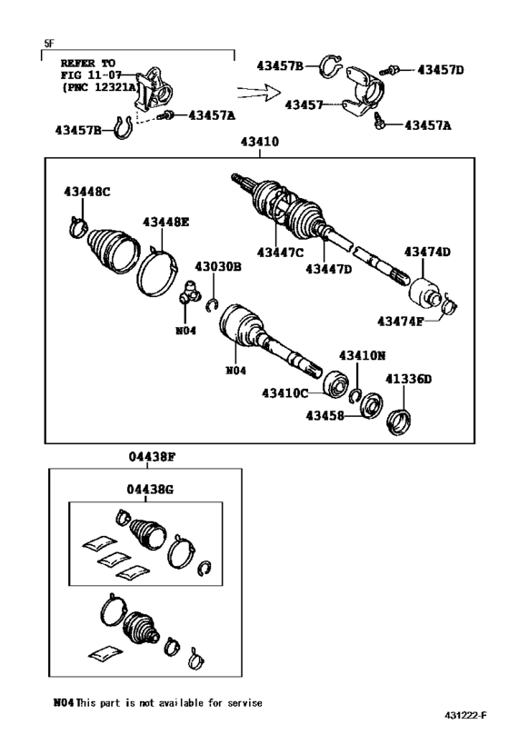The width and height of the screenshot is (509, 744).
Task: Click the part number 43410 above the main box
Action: [x=259, y=144]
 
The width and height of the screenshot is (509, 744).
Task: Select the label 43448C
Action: [x=87, y=193]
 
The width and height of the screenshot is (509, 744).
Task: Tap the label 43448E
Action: [x=165, y=221]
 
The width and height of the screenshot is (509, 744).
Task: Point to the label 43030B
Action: [x=217, y=266]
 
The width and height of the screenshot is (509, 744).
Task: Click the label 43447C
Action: [x=279, y=253]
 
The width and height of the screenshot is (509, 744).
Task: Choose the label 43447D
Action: [x=329, y=268]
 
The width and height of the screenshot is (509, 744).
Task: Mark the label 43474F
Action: [x=403, y=320]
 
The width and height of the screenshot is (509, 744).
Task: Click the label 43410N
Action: [x=363, y=355]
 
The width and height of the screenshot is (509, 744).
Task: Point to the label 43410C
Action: [x=285, y=392]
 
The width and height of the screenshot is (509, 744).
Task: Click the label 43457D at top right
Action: [x=441, y=69]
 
